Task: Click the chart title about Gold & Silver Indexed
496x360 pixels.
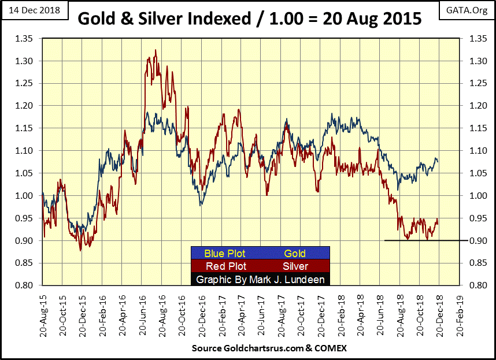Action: click(x=249, y=18)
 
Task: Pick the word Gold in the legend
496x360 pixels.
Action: click(x=294, y=253)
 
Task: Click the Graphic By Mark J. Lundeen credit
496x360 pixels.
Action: click(x=260, y=280)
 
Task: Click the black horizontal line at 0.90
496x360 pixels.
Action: click(x=422, y=240)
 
